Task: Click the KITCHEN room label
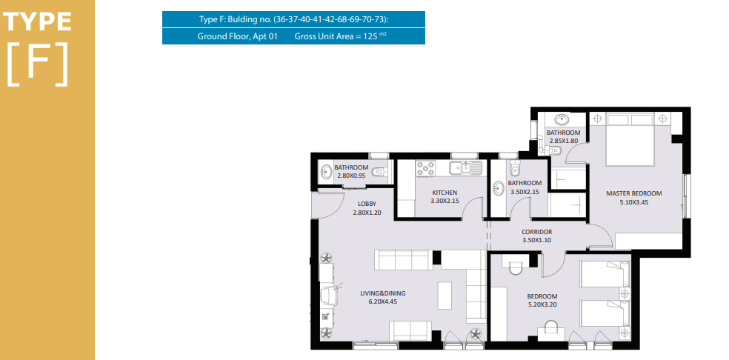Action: [x=445, y=193]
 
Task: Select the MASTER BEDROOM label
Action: [x=633, y=193]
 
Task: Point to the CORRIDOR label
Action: [x=536, y=232]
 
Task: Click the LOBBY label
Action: [x=367, y=204]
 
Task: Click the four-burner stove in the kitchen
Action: [x=425, y=168]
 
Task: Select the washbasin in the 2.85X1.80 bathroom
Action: [x=562, y=119]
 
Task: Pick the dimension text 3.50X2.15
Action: [x=525, y=191]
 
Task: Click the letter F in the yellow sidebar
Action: [x=37, y=64]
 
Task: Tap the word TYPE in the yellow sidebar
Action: [x=37, y=22]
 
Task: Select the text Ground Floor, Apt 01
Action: [x=237, y=36]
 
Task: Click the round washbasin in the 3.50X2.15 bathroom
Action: [x=499, y=188]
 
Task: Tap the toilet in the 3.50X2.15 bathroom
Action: [x=513, y=167]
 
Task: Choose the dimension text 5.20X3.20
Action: [x=542, y=305]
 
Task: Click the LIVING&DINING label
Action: [x=382, y=293]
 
